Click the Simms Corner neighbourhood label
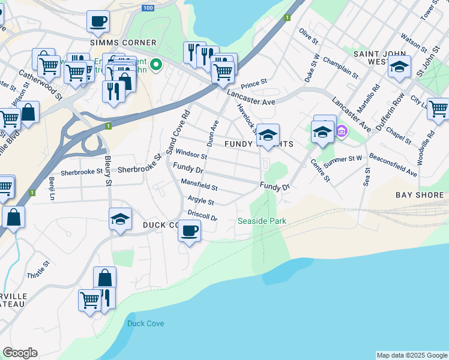pyautogui.click(x=122, y=43)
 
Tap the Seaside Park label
pyautogui.click(x=262, y=221)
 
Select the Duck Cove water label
pyautogui.click(x=145, y=323)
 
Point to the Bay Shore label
pyautogui.click(x=420, y=195)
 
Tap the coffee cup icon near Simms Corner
pyautogui.click(x=98, y=22)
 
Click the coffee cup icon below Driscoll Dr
pyautogui.click(x=190, y=230)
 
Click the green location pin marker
pyautogui.click(x=156, y=64)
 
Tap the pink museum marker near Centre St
pyautogui.click(x=341, y=130)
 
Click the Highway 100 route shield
pyautogui.click(x=148, y=8)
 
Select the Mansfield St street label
pyautogui.click(x=199, y=185)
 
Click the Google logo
pyautogui.click(x=20, y=353)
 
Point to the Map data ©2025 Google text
pyautogui.click(x=411, y=355)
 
